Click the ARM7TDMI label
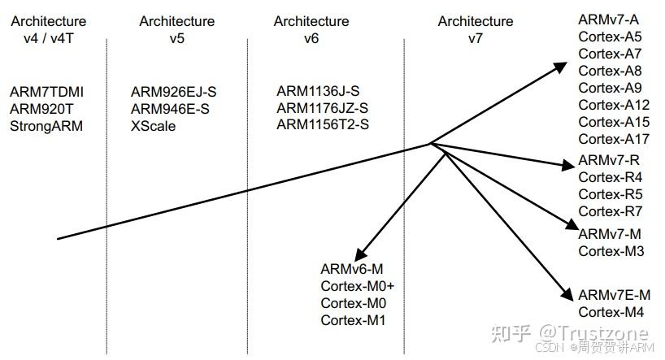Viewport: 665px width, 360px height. point(46,92)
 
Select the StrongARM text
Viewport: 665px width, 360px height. point(46,126)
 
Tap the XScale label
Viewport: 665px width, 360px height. point(153,126)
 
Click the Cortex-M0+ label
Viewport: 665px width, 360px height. point(358,286)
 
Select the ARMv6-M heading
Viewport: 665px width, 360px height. point(352,269)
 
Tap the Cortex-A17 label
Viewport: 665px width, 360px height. point(614,139)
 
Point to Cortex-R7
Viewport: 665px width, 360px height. point(611,211)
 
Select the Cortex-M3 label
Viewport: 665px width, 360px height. point(611,250)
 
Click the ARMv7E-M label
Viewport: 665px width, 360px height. point(615,295)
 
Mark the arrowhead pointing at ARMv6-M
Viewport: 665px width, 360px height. point(359,254)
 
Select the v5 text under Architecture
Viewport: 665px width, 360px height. point(177,38)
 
